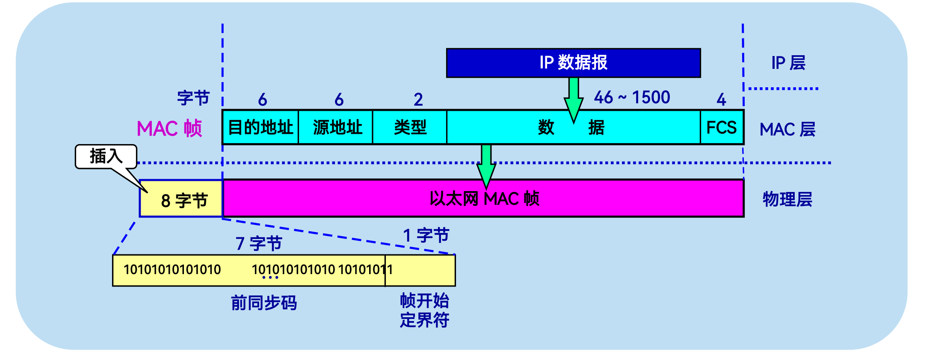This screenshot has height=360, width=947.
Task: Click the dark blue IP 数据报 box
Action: (x=573, y=63)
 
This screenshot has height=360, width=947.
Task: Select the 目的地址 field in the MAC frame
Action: (x=260, y=127)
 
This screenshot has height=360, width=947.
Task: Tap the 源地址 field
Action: (x=336, y=127)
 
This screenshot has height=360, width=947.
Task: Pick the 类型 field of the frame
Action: (x=410, y=127)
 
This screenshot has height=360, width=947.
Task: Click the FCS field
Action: (x=722, y=127)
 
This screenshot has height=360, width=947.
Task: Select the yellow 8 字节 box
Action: (x=181, y=200)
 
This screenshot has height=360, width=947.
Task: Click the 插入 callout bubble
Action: (x=106, y=156)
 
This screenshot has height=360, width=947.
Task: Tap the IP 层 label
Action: (x=788, y=63)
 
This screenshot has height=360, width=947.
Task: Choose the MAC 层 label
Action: (x=787, y=129)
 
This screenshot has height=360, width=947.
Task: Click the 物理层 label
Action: (x=787, y=199)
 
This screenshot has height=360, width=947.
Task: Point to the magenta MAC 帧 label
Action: (x=169, y=128)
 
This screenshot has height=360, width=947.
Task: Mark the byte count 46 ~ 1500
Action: (x=632, y=97)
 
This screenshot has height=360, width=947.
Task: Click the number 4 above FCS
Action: (x=721, y=100)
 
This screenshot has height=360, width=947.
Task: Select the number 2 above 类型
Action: (x=418, y=100)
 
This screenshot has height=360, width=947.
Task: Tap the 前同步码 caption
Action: (x=264, y=303)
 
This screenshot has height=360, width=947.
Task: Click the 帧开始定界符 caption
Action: (x=424, y=310)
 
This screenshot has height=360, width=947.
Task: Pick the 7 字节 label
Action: (x=259, y=244)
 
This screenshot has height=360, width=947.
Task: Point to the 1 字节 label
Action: (x=426, y=235)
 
